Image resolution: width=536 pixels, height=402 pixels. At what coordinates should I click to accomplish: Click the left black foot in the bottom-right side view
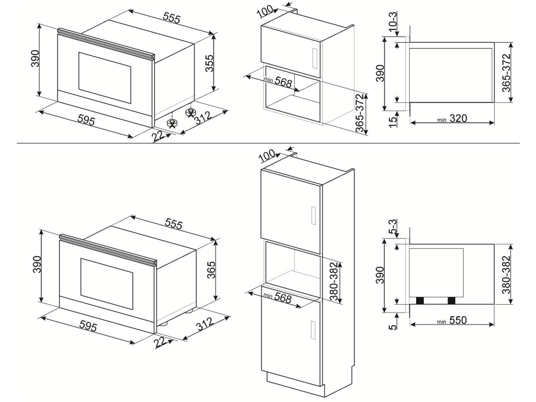pos(419,300)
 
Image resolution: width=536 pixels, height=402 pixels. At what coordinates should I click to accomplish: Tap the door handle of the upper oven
pos(107,41)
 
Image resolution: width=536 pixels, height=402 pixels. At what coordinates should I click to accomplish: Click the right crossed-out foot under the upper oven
pos(191,113)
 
